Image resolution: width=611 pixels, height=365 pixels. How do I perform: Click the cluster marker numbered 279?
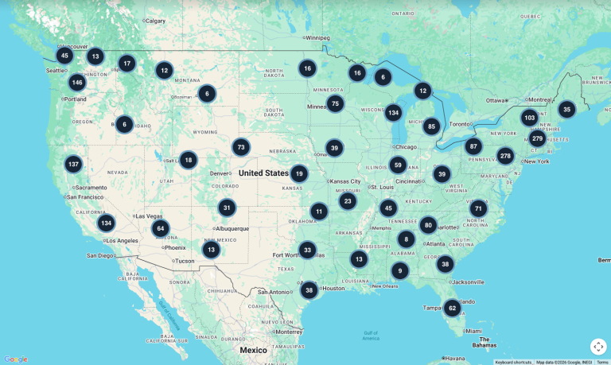(537, 138)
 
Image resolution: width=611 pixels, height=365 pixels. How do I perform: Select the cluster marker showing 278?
(505, 156)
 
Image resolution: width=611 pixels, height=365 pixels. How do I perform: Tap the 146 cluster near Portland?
(76, 82)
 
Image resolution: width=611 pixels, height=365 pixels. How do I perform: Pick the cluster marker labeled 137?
(73, 164)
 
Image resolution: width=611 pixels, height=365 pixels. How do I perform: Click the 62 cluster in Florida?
(452, 308)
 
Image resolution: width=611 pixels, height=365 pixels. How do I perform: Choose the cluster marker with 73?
(241, 147)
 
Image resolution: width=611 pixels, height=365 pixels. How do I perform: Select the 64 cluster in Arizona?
(161, 229)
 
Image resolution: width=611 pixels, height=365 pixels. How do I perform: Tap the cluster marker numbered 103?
(529, 118)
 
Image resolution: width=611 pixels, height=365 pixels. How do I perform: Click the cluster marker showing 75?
(335, 103)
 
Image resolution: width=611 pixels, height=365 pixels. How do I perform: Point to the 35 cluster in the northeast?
(566, 110)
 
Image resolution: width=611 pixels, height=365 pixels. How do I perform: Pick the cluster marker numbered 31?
(227, 208)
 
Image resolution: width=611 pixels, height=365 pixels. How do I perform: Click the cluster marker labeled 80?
(428, 225)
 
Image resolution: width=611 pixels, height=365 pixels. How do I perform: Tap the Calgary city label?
(156, 21)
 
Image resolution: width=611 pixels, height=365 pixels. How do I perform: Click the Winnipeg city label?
(317, 37)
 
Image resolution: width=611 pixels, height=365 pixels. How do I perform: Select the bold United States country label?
(263, 173)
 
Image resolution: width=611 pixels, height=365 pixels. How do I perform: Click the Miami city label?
(473, 331)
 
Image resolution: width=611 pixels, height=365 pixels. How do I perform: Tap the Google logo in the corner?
(15, 359)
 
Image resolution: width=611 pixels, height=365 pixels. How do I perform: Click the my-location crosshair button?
(598, 347)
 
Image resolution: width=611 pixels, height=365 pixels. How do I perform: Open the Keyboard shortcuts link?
(513, 362)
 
